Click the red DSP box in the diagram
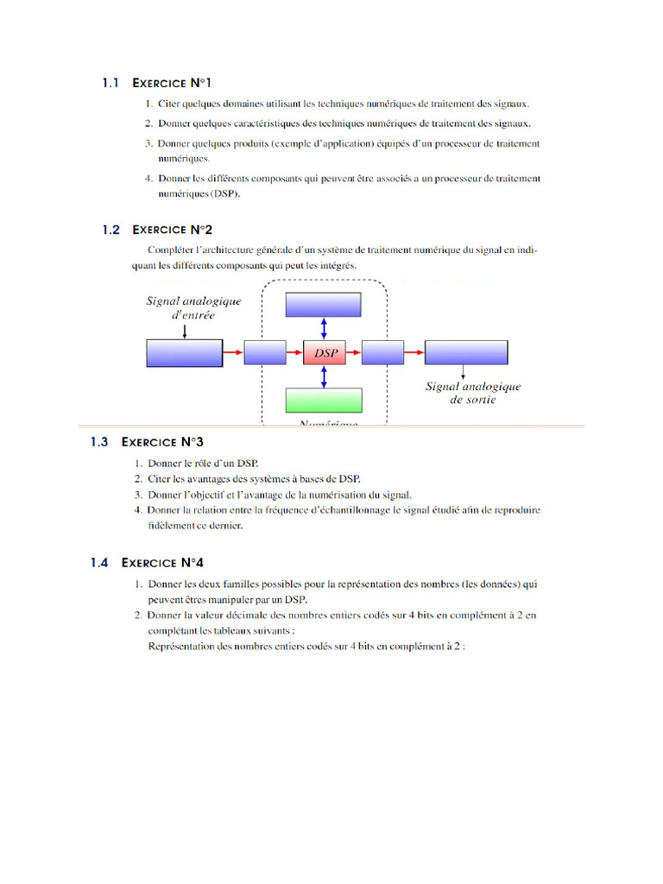[324, 352]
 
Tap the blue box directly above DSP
[324, 305]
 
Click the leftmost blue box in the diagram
[184, 352]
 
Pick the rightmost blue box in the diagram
[465, 352]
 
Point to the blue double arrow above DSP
[324, 328]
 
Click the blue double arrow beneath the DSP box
[324, 376]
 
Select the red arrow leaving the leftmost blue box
[233, 352]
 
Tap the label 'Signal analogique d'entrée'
[193, 308]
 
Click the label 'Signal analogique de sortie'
[473, 394]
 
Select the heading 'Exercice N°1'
[172, 84]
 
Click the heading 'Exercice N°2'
[172, 230]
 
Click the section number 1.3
[99, 442]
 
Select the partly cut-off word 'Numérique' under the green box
[324, 424]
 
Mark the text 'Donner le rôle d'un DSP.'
[203, 464]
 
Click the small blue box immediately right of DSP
[382, 352]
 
